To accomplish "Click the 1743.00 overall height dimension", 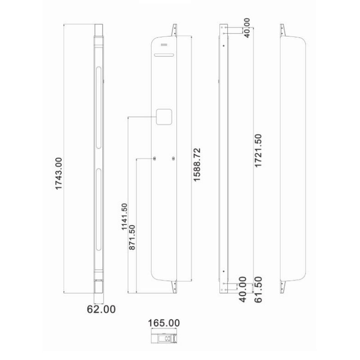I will pos(58,173).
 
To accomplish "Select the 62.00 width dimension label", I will pos(101,309).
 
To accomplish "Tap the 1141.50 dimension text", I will pos(124,216).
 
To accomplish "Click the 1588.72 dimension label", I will pos(197,164).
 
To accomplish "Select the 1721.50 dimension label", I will pos(258,151).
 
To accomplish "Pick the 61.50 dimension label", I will pos(258,290).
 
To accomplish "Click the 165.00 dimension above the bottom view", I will pos(164,323).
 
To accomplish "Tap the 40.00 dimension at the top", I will pos(246,28).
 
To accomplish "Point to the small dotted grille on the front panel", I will pos(163,45).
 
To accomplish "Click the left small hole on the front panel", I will pos(154,158).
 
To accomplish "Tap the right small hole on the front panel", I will pos(173,158).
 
